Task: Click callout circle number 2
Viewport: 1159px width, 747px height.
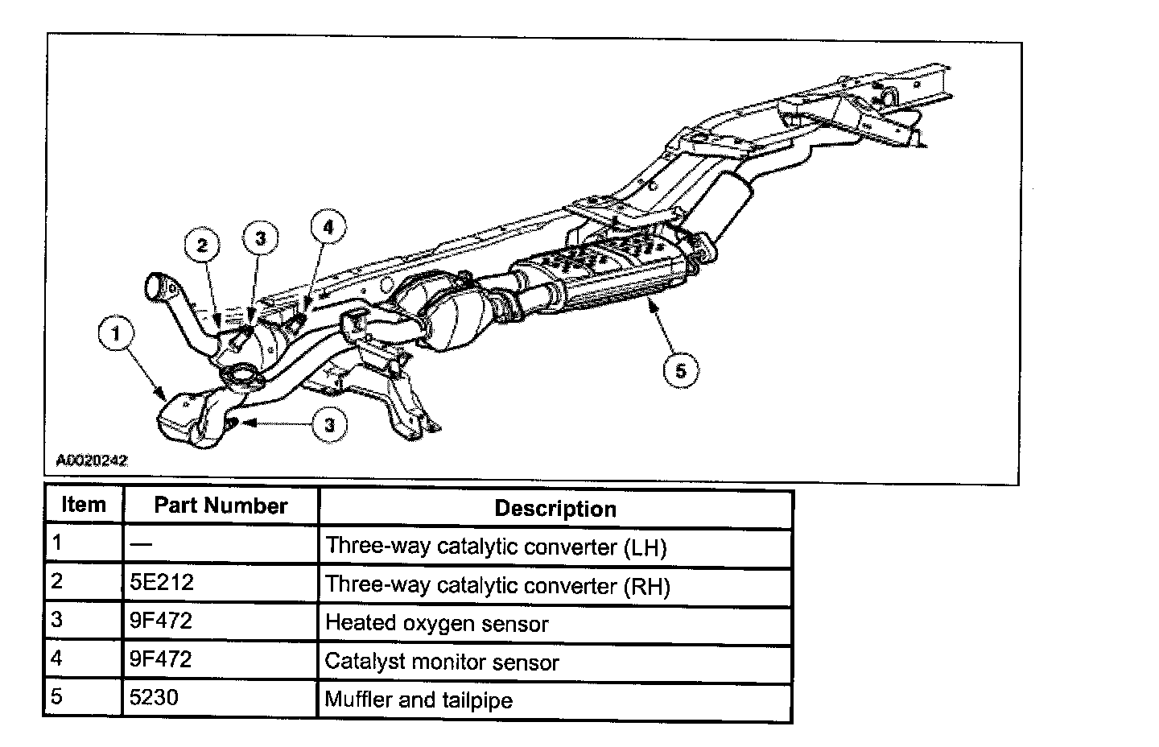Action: click(x=202, y=246)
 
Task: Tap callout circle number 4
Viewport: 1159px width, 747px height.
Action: click(x=328, y=228)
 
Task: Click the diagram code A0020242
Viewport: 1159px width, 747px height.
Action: click(x=92, y=461)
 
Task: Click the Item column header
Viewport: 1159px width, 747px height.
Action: click(x=84, y=506)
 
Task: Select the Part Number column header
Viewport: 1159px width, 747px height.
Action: click(x=221, y=506)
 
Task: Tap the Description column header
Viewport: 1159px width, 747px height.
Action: click(x=555, y=509)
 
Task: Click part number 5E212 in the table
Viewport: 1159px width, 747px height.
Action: click(x=162, y=583)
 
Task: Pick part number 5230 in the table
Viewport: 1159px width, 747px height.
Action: click(x=154, y=697)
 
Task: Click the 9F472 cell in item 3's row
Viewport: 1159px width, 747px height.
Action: click(x=161, y=621)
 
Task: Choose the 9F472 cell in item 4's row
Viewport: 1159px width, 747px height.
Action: click(x=161, y=660)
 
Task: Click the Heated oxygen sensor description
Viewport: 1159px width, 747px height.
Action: click(x=436, y=624)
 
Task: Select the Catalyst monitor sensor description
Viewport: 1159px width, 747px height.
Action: click(x=441, y=662)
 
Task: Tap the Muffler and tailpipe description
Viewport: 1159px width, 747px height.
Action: click(x=419, y=700)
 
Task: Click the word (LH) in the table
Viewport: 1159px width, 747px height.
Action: click(x=645, y=548)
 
